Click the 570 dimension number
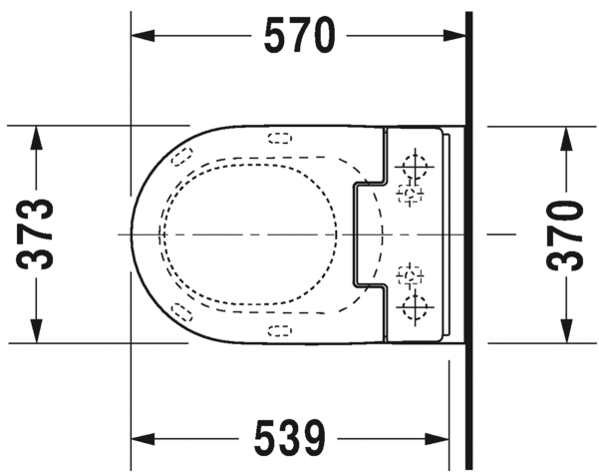tap(298, 36)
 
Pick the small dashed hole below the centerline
tap(410, 275)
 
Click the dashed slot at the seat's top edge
tap(280, 140)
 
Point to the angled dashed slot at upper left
tap(181, 156)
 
